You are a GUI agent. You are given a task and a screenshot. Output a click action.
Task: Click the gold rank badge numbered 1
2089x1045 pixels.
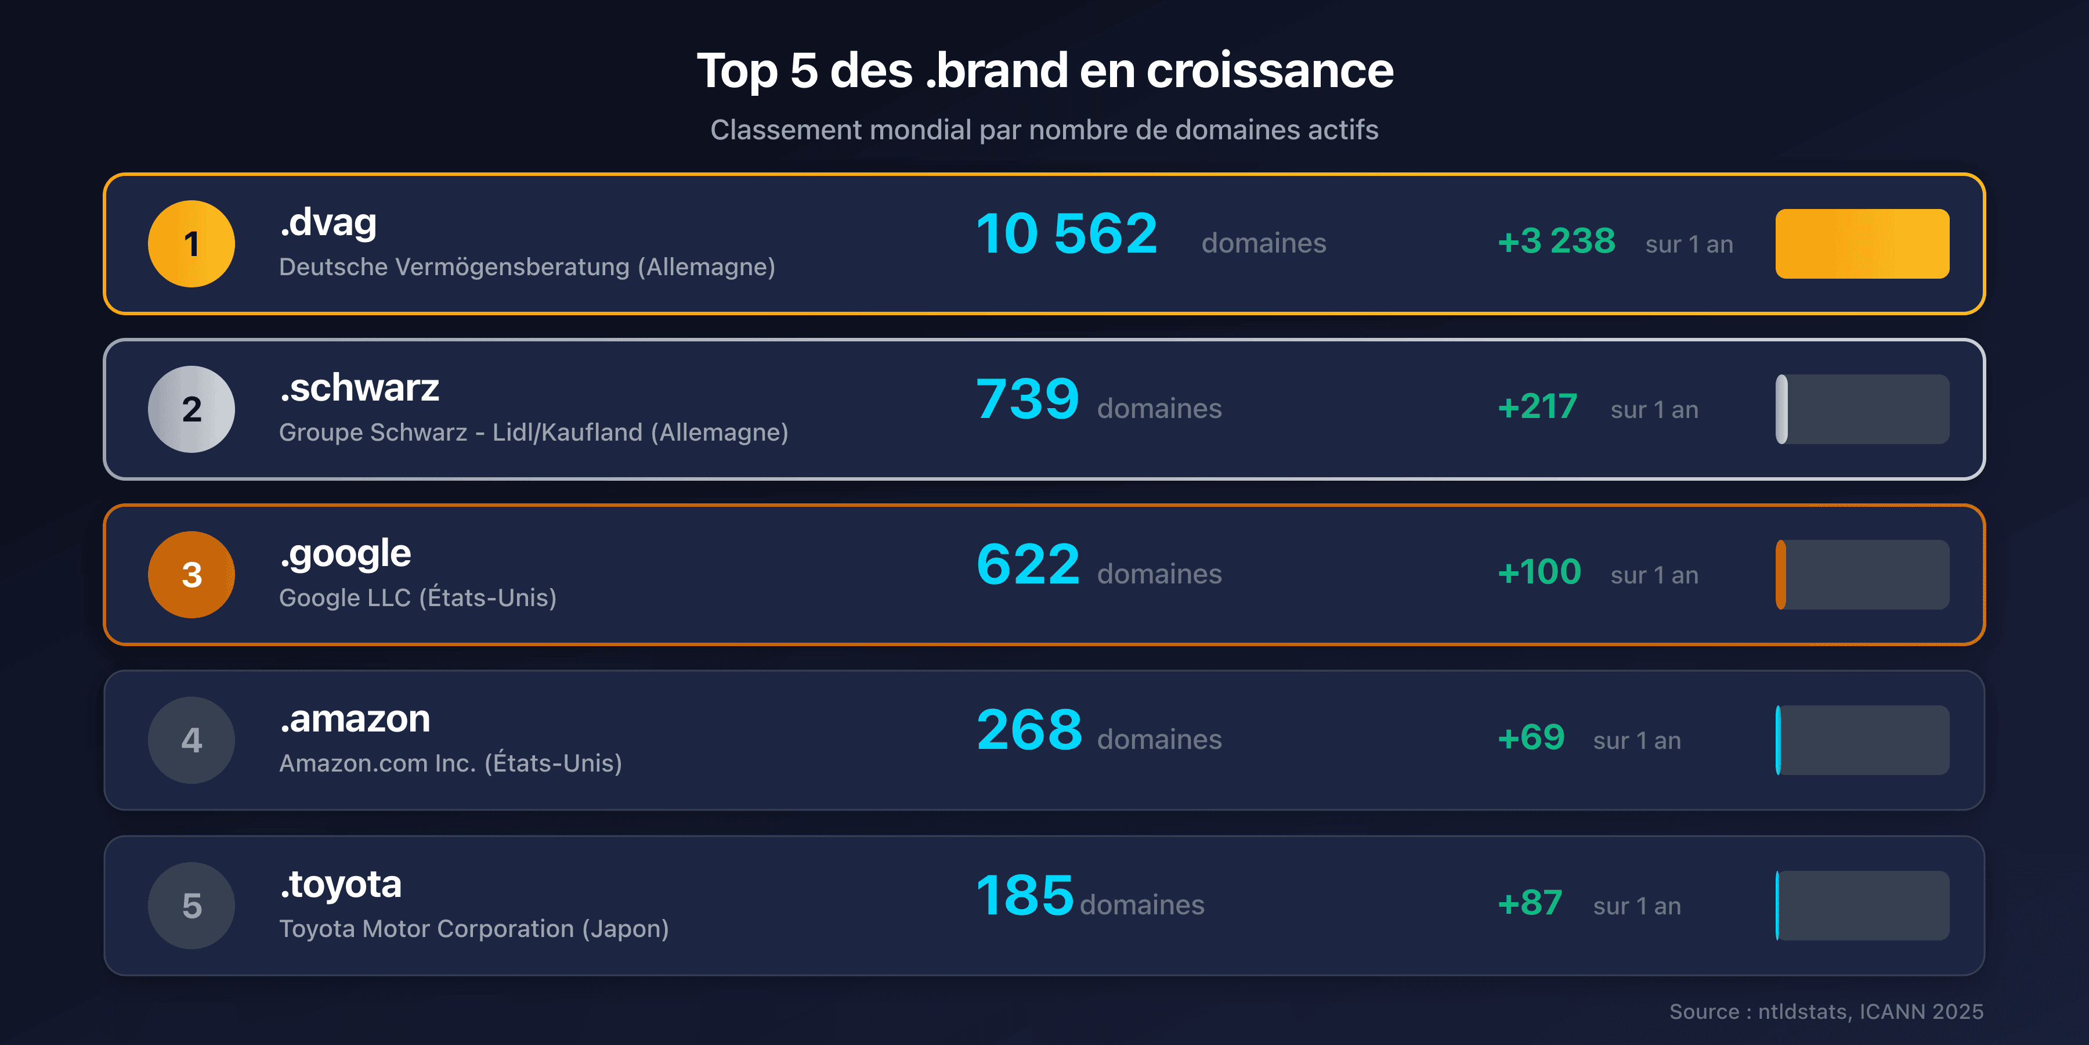coord(191,243)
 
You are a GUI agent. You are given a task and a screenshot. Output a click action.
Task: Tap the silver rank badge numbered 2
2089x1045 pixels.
coord(191,409)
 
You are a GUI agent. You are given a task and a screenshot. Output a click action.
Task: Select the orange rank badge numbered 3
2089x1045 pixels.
coord(191,574)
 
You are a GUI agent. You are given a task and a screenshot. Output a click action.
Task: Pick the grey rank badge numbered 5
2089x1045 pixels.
coord(191,906)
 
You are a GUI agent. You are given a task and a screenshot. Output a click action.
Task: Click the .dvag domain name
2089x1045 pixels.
coord(328,222)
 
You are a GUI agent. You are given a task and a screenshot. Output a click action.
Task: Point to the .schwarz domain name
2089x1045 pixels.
coord(359,388)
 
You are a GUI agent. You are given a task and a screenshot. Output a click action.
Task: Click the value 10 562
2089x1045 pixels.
coord(1067,233)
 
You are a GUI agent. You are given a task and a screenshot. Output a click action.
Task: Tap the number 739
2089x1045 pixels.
coord(1028,399)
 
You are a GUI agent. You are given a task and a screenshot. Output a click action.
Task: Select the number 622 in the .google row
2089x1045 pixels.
coord(1028,565)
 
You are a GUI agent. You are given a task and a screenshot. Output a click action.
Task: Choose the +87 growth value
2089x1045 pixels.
coord(1530,903)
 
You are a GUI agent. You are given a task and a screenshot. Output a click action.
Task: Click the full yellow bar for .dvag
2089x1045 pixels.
coord(1862,243)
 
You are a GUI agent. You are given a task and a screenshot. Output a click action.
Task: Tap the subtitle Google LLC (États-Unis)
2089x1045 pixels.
coord(418,598)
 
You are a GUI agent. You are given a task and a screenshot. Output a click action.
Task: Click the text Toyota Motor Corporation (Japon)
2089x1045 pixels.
coord(474,929)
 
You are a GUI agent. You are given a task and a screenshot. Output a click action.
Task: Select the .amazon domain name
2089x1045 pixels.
coord(355,719)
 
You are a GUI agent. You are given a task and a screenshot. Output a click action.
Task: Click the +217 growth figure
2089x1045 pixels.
coord(1537,406)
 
